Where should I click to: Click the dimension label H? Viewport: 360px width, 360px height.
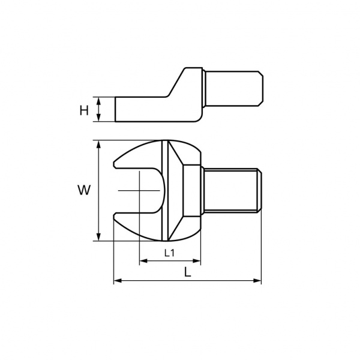pyautogui.click(x=84, y=110)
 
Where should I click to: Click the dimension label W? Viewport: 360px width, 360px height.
pyautogui.click(x=84, y=190)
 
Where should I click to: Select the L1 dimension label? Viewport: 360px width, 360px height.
pyautogui.click(x=170, y=253)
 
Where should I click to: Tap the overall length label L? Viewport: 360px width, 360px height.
pyautogui.click(x=188, y=272)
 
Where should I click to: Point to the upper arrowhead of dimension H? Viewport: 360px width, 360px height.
pyautogui.click(x=98, y=100)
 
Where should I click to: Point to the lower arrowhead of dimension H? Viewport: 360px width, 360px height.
pyautogui.click(x=98, y=118)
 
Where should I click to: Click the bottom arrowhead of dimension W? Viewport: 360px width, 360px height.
pyautogui.click(x=98, y=237)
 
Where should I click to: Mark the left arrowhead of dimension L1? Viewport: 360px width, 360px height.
pyautogui.click(x=143, y=261)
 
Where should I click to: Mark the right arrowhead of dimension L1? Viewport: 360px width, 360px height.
pyautogui.click(x=197, y=261)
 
